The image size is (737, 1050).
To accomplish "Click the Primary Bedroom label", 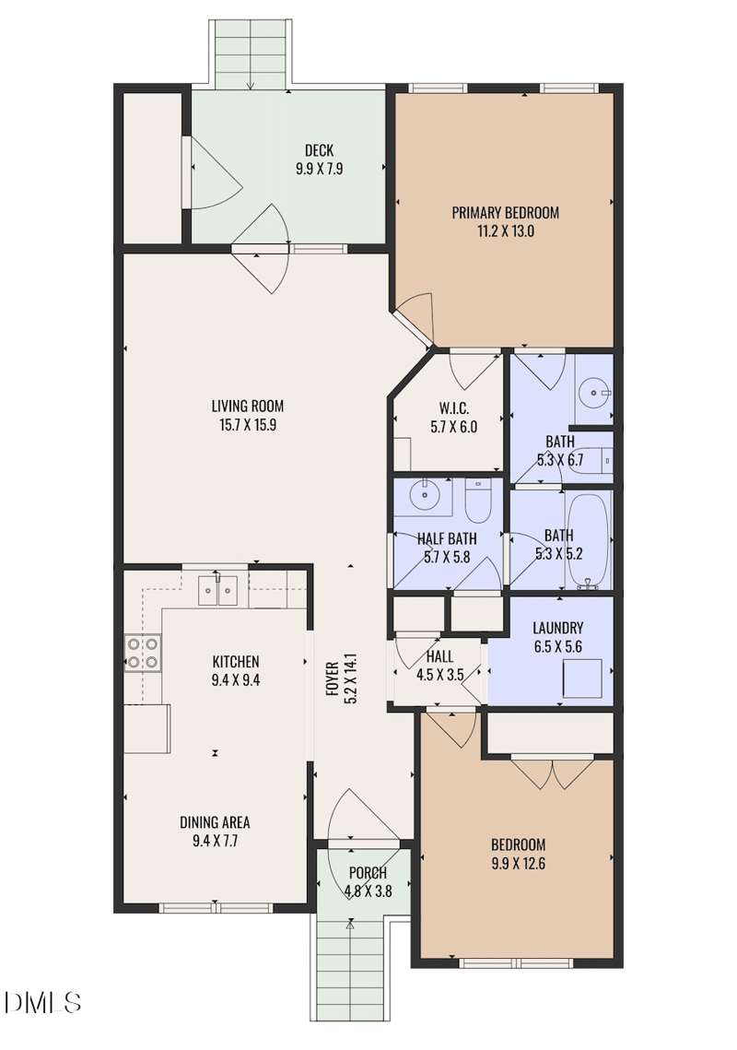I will (x=505, y=213).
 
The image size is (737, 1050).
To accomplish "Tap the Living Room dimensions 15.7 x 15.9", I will (x=247, y=426).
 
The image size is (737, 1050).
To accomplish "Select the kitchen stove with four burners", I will (x=142, y=653).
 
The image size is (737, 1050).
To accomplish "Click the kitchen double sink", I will (x=221, y=589).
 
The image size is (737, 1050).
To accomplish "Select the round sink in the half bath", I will (x=425, y=497).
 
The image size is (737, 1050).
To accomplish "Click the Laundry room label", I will (x=557, y=629).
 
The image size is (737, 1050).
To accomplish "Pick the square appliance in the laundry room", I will (x=584, y=679).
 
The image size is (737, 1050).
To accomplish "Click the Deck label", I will (x=319, y=151).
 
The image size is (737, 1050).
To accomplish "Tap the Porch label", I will (x=368, y=873).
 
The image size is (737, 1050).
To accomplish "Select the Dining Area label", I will (x=215, y=822).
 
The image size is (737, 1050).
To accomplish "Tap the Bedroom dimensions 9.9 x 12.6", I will (x=518, y=863).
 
